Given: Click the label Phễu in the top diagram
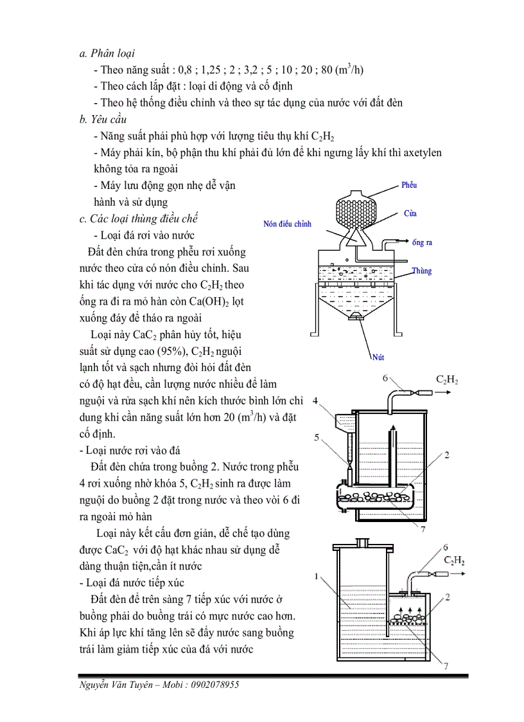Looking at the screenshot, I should pos(409,185).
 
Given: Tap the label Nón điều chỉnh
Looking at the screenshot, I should pos(287,224).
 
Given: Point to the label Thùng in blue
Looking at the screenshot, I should pos(422,271).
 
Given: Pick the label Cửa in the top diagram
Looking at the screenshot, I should pos(410,213).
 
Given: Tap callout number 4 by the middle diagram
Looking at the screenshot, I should pos(315,401).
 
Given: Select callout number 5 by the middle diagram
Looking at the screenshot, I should pos(315,438).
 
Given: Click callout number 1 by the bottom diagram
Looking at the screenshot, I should pos(317,577).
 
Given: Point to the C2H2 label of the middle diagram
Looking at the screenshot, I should pos(447,379).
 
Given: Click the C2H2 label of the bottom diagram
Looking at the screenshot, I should pos(454,561).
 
